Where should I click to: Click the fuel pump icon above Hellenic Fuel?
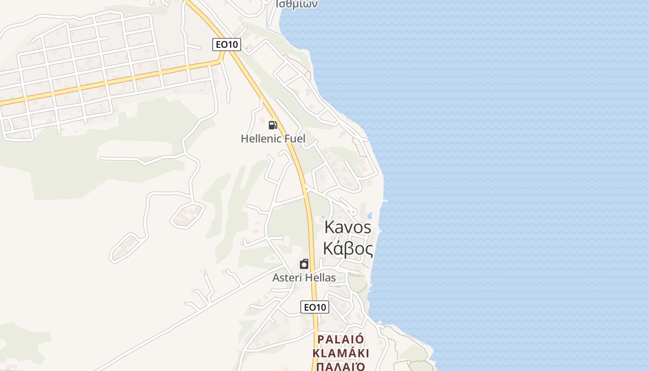tap(273, 125)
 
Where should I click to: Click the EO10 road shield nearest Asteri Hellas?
tap(315, 307)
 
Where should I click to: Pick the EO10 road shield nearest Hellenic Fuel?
tap(227, 45)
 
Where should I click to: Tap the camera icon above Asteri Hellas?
tap(304, 264)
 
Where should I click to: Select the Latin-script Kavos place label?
tap(348, 227)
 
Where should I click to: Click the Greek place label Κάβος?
tap(348, 249)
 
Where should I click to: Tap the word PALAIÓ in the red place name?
tap(340, 339)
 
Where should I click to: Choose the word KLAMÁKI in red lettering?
tap(341, 353)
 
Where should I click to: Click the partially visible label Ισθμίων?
tap(297, 4)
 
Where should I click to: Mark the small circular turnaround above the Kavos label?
tap(354, 212)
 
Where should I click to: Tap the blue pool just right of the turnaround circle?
tap(369, 216)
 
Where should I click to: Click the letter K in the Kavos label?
tap(330, 227)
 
